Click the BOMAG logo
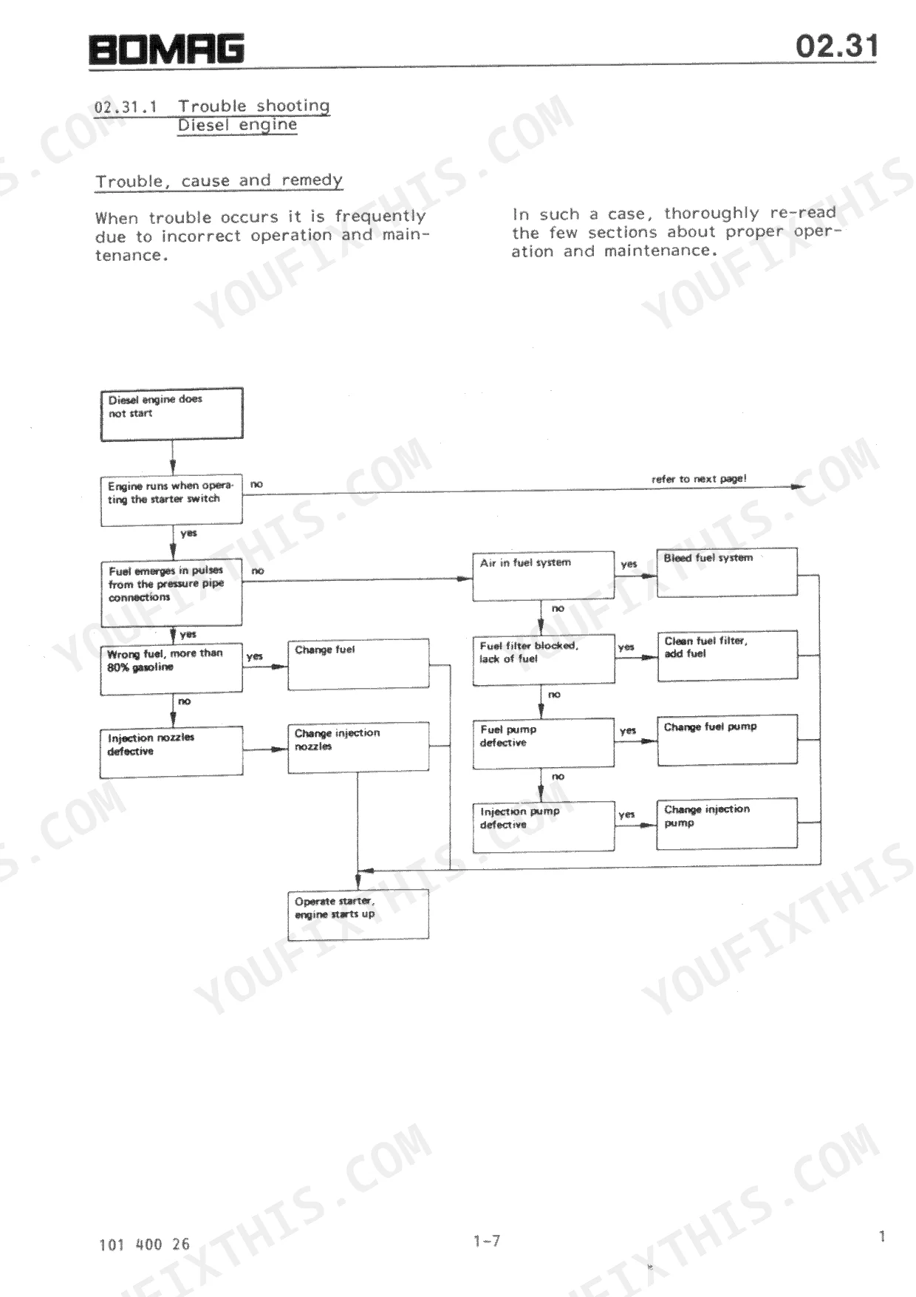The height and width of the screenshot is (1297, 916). click(x=166, y=50)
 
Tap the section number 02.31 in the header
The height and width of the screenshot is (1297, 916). click(x=837, y=46)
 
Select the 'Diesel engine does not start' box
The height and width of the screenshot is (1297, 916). click(x=172, y=414)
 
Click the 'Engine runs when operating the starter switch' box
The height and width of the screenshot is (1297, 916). click(x=171, y=500)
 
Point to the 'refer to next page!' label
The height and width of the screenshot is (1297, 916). click(x=699, y=479)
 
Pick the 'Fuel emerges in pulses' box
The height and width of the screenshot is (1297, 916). click(x=171, y=593)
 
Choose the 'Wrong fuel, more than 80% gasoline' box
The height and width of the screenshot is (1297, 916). click(x=171, y=669)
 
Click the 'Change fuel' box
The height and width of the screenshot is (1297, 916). click(x=358, y=664)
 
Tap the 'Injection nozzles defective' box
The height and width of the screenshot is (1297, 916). click(x=171, y=752)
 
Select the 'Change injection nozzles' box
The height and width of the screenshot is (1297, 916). click(x=358, y=747)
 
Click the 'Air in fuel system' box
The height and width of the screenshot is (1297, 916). click(x=544, y=575)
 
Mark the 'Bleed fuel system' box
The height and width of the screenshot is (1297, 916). click(x=728, y=571)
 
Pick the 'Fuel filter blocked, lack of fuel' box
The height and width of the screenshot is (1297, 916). click(x=544, y=658)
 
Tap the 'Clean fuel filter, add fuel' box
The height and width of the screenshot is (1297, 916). click(x=728, y=655)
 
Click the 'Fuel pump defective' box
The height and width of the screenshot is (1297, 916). click(x=544, y=743)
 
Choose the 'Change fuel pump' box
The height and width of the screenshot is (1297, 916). click(x=728, y=739)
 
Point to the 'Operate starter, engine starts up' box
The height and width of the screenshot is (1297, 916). click(x=358, y=914)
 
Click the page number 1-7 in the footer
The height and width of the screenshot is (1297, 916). click(x=487, y=1241)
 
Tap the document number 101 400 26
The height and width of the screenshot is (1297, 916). click(x=144, y=1245)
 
